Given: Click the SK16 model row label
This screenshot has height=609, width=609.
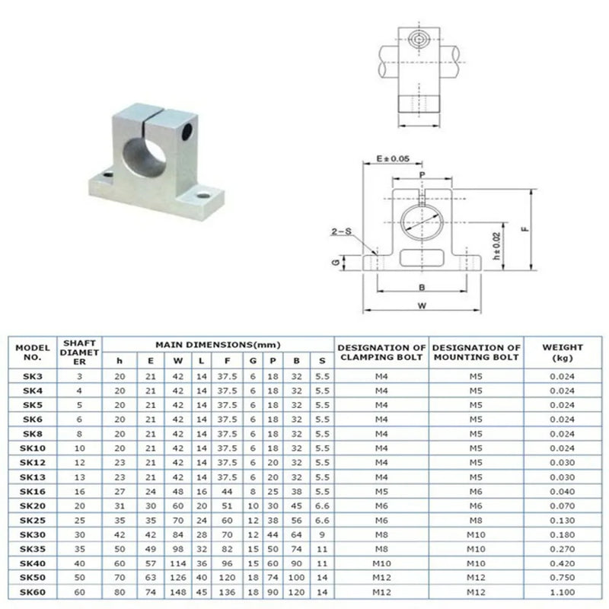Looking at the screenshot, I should click(x=32, y=491).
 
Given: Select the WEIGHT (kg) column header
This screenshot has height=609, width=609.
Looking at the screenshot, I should click(x=563, y=352).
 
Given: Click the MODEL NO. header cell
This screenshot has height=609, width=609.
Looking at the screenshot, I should click(x=32, y=352).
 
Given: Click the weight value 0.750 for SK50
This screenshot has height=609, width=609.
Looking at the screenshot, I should click(x=563, y=578).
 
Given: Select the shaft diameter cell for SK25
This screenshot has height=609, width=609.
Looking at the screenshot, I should click(x=80, y=520).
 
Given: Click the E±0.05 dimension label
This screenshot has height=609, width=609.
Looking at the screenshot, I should click(x=393, y=158).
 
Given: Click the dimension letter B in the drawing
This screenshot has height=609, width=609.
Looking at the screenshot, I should click(x=422, y=288).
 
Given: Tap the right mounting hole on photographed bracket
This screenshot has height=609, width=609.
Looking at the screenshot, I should click(x=204, y=196).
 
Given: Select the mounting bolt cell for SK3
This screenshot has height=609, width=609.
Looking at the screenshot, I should click(x=476, y=376).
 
